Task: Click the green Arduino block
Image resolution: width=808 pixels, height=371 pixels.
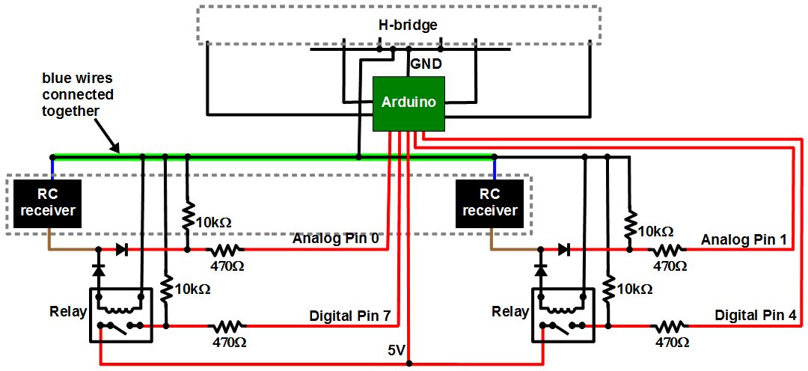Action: pyautogui.click(x=408, y=103)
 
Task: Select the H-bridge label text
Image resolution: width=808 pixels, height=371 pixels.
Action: pyautogui.click(x=407, y=25)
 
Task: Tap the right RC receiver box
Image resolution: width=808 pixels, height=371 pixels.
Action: pyautogui.click(x=489, y=203)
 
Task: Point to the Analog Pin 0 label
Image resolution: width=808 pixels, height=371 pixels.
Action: pyautogui.click(x=337, y=239)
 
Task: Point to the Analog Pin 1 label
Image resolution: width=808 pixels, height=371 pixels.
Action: pyautogui.click(x=744, y=240)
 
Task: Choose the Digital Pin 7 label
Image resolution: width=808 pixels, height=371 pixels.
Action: pyautogui.click(x=350, y=316)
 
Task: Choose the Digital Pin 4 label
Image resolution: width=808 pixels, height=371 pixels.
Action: pyautogui.click(x=755, y=315)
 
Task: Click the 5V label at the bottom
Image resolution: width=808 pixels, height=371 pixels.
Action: pyautogui.click(x=397, y=350)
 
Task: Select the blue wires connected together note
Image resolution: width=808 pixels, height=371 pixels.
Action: pyautogui.click(x=78, y=94)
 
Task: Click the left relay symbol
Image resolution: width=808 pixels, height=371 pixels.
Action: pyautogui.click(x=121, y=315)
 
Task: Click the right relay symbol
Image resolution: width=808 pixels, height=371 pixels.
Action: pyautogui.click(x=563, y=315)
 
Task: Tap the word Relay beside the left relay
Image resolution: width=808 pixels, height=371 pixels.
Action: pyautogui.click(x=68, y=311)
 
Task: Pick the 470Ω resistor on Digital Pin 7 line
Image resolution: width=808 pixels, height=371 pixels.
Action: pyautogui.click(x=227, y=326)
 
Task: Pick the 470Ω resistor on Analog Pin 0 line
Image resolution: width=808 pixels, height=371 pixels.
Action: pyautogui.click(x=227, y=250)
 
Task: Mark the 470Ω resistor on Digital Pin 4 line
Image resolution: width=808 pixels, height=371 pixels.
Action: pyautogui.click(x=670, y=326)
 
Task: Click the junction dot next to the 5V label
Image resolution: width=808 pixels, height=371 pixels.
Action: pyautogui.click(x=409, y=364)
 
